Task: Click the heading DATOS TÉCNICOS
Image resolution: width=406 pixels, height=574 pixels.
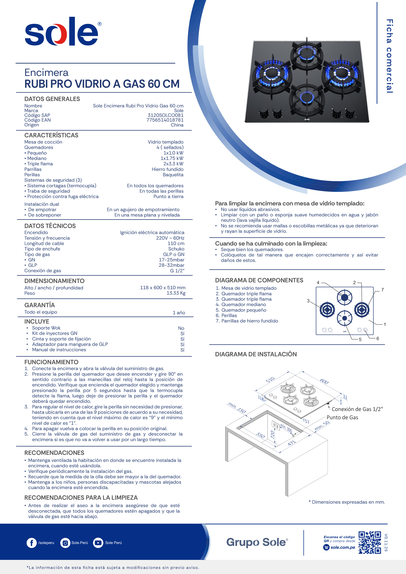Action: click(x=50, y=226)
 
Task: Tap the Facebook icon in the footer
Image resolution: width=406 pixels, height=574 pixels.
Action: click(x=31, y=543)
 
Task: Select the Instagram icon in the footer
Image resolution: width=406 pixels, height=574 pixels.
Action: click(x=65, y=543)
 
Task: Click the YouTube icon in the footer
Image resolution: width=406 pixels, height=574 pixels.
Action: click(x=98, y=543)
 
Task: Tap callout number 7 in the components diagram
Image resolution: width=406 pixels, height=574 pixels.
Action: click(x=382, y=290)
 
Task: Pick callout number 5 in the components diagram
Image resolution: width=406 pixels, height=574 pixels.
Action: click(x=360, y=339)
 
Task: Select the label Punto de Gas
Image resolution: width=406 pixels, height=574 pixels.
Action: click(x=342, y=418)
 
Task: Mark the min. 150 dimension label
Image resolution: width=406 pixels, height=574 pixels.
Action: click(x=237, y=408)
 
